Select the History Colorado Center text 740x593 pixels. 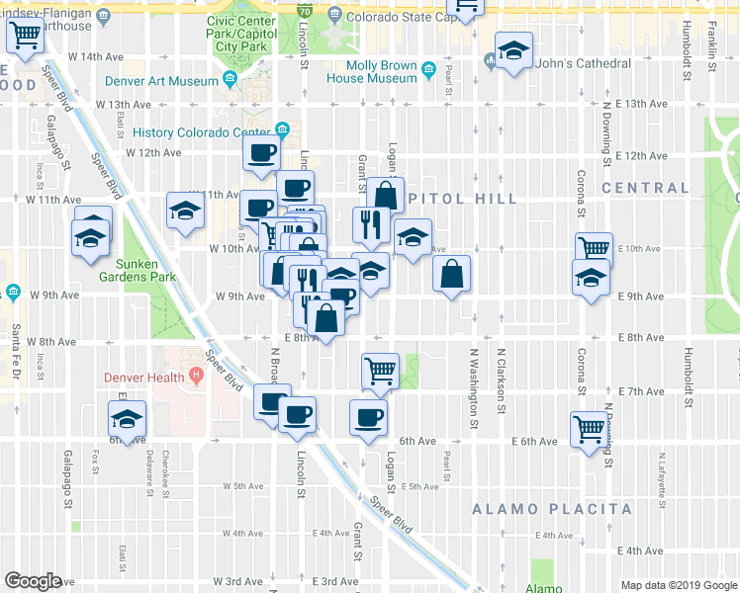point(201,132)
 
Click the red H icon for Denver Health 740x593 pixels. point(196,377)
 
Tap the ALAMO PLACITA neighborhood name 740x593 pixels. point(552,509)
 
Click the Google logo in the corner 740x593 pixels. point(34,581)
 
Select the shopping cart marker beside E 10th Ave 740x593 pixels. point(594,249)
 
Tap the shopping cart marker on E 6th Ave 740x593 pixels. point(589,429)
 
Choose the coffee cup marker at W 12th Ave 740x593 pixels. point(262,153)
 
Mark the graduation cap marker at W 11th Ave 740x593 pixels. point(185,211)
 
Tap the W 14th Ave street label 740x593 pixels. point(105,57)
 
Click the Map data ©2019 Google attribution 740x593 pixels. point(678,584)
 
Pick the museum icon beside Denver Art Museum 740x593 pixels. point(231,80)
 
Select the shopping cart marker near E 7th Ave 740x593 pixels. point(380,372)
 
